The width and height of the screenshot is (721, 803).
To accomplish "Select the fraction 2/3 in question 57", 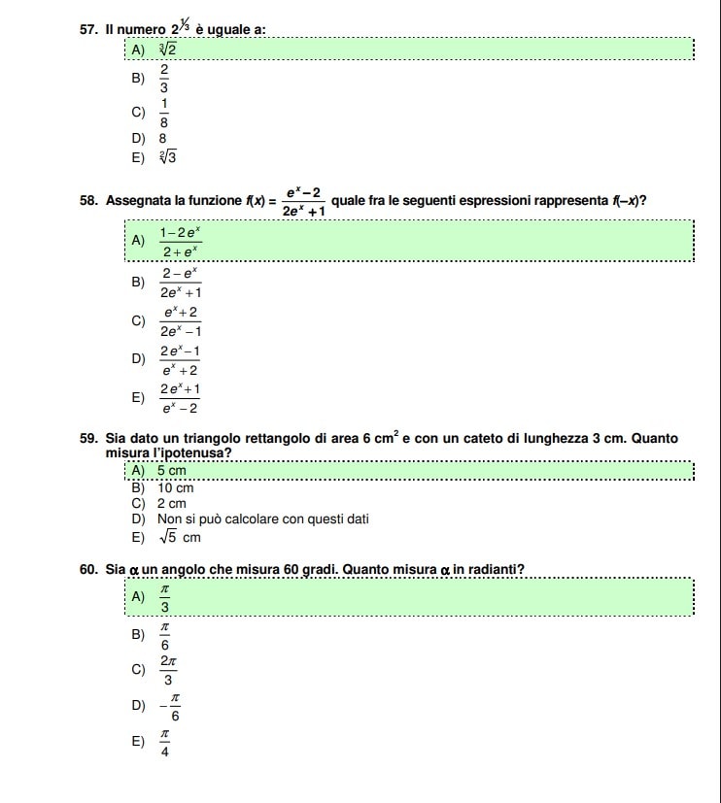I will (164, 78).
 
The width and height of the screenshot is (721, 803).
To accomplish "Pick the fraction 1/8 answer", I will (164, 114).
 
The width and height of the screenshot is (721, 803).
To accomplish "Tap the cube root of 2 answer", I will (167, 50).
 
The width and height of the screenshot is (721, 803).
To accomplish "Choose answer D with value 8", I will (163, 139).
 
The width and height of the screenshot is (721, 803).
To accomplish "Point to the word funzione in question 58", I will (214, 201).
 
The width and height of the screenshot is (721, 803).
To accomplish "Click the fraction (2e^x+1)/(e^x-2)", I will (181, 399).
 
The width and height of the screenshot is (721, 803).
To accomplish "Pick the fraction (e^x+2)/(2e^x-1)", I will (181, 321).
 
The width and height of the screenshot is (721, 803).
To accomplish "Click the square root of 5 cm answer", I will (179, 537).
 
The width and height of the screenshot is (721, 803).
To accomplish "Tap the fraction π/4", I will (165, 743).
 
